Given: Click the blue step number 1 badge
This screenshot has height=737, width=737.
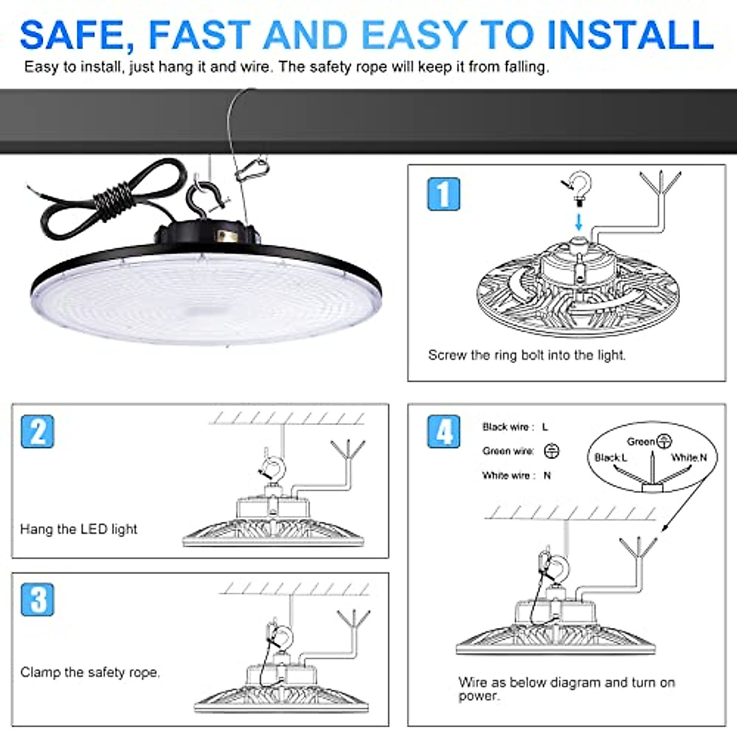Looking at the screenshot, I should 443,194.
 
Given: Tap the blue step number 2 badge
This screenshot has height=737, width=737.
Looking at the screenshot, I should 37,431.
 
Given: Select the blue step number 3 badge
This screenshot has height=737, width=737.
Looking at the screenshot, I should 37,599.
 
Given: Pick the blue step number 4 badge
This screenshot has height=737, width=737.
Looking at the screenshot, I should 443,431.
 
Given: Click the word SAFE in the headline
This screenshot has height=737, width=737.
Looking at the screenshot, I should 77,35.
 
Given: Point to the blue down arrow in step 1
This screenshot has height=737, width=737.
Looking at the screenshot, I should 578,221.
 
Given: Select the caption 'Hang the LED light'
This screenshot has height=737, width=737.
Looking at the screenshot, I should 79,529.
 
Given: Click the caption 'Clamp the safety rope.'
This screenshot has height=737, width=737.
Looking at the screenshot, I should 90,673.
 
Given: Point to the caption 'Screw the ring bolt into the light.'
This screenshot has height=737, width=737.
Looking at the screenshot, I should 526,355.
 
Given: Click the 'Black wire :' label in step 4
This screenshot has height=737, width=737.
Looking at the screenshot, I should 508,427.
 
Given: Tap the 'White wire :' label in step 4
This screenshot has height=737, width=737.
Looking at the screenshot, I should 508,475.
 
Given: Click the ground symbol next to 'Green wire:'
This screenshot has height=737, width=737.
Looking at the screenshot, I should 552,451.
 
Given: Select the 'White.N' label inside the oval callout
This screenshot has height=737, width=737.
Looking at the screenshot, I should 688,458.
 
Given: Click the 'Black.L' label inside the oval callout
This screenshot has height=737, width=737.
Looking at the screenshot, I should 610,458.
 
